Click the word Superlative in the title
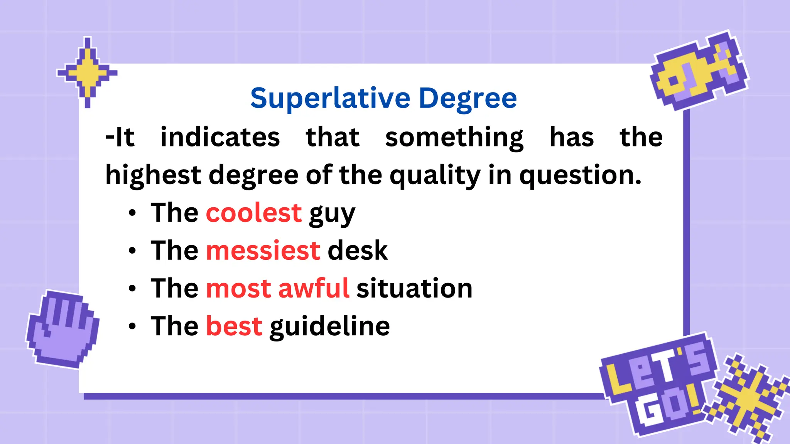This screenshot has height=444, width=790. coord(330,98)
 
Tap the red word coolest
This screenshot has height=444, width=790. coord(253,213)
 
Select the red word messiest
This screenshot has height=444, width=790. coord(263,251)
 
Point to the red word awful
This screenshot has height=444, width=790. coord(314,288)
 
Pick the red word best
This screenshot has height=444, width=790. coord(234,326)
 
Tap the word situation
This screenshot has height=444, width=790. coord(414,288)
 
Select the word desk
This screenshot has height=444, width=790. coord(357,251)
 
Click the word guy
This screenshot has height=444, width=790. coord(332,214)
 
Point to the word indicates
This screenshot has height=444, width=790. coord(220,137)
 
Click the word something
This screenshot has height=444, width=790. coord(454,138)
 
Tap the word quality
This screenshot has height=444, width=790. coord(435,176)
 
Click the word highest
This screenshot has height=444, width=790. coord(153,176)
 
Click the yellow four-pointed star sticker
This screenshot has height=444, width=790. coord(88,72)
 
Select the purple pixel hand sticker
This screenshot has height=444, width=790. coord(62,329)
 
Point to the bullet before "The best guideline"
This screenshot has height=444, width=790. coord(132,326)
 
